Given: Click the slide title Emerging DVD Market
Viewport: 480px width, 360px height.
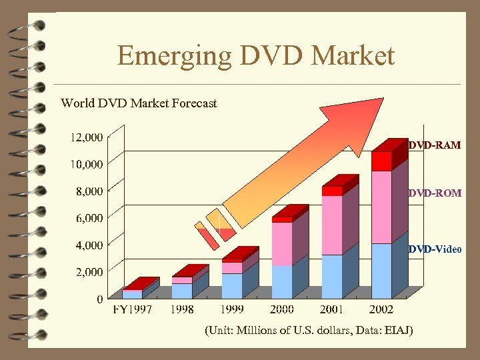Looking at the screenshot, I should coord(256,56).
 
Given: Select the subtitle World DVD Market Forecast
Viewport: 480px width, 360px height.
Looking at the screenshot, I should coord(139,103).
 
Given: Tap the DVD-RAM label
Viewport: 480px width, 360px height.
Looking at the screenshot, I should coord(435,145).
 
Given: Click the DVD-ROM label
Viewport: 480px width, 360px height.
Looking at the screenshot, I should coord(435,193).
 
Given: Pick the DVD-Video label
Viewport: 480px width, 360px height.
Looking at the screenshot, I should coord(435,249).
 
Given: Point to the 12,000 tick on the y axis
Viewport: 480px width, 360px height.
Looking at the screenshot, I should coord(86,137).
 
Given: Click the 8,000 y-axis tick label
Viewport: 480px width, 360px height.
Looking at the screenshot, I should coord(89,191).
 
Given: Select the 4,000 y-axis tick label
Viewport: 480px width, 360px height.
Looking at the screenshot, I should coord(89,245).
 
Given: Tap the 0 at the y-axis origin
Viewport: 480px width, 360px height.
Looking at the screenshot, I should coord(99,299).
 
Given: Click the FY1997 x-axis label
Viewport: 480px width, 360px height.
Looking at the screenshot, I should coord(131,310).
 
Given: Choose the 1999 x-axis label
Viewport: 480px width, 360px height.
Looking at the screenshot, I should coord(232,310).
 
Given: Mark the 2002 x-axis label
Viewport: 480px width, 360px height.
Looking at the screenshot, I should coord(381,310).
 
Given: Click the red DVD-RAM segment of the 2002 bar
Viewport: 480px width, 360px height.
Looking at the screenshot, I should coord(381,161).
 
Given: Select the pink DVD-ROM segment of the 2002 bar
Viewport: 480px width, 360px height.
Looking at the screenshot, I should coord(381,207).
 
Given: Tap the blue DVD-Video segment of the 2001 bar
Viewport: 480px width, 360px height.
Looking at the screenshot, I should coord(331,276).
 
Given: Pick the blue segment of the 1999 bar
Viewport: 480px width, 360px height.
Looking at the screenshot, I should coord(232,285).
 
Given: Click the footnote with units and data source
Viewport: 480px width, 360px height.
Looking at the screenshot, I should coord(309,331).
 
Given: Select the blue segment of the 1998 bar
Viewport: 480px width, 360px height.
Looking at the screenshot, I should coord(182,291).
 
